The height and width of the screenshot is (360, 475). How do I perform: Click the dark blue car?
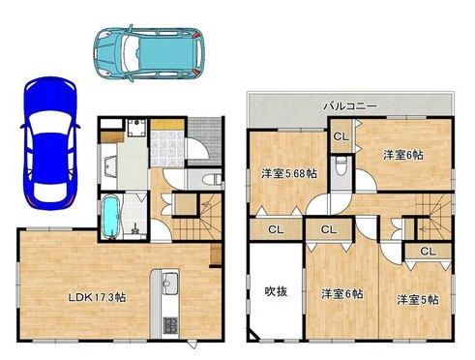[49, 143]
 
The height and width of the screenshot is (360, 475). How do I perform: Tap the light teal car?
[149, 52]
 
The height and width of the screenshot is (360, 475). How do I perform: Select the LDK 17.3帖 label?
[97, 297]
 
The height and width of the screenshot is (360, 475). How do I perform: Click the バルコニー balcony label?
[350, 105]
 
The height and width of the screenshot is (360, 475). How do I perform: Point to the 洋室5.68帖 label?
[289, 173]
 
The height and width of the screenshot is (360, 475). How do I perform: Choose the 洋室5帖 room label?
[418, 300]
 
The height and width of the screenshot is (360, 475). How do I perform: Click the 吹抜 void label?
[276, 291]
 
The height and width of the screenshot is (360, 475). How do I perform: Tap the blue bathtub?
[111, 218]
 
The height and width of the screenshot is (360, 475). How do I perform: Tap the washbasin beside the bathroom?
[109, 166]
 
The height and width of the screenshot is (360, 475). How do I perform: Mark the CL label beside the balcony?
[341, 136]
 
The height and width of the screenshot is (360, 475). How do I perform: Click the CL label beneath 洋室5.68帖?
[276, 230]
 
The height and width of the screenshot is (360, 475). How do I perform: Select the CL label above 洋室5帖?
[429, 251]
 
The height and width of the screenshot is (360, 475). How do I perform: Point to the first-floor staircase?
[197, 217]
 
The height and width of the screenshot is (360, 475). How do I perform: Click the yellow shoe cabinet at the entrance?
[167, 124]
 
